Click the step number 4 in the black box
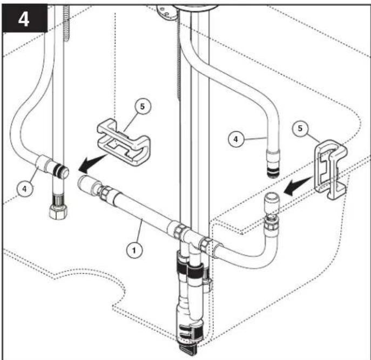pos(24,19)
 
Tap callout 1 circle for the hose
pos(134,250)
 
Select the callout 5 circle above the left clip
pos(142,106)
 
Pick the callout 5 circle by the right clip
pos(300,128)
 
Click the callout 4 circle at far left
pos(25,188)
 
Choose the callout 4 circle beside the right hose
pos(235,139)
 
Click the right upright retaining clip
pos(331,169)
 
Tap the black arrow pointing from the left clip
pos(92,163)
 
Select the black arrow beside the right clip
pos(298,186)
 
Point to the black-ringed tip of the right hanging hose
pos(273,171)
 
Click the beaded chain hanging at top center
pos(179,62)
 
